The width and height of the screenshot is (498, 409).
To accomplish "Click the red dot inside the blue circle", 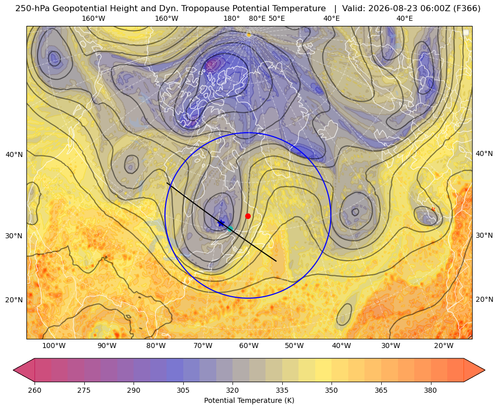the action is click(248, 216).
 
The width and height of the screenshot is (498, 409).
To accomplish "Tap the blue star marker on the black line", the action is click(221, 223).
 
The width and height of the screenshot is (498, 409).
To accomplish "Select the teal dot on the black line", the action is click(230, 229).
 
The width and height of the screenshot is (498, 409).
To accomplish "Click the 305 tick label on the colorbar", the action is click(183, 390).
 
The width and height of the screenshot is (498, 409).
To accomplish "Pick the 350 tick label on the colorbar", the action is click(331, 390).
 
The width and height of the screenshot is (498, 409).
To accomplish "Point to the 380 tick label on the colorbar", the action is click(430, 390).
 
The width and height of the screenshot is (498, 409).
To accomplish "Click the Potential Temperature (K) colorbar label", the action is click(249, 400).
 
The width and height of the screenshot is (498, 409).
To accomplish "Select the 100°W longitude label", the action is click(54, 346).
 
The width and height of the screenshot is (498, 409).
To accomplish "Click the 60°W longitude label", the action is click(249, 346).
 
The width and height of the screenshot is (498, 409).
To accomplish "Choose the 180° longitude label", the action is click(231, 18).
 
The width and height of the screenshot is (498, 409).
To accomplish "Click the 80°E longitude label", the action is click(257, 18).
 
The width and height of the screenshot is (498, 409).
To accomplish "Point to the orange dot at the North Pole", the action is click(249, 35).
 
